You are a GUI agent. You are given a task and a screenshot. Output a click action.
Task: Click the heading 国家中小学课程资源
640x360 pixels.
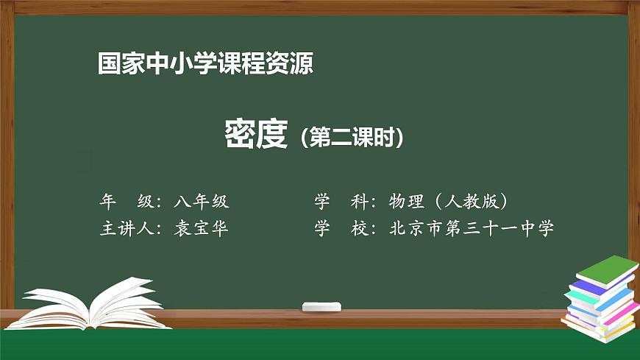coord(205,64)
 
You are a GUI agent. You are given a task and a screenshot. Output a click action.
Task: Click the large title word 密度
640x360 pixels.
coord(255,135)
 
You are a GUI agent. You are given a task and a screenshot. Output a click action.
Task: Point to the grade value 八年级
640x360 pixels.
coord(202,201)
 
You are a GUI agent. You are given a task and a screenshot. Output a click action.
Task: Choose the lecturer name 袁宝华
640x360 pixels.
coord(202,228)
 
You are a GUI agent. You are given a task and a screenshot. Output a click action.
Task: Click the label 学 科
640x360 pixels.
coord(343,201)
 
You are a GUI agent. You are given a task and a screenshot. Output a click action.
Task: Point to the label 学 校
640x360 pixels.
coord(343,228)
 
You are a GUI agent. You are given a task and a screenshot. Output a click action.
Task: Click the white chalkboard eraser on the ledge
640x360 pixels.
coord(321,306)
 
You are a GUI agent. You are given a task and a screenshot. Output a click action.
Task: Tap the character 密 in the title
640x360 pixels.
coord(240,135)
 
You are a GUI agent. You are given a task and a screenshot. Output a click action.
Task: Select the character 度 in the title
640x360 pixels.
coord(271,135)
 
